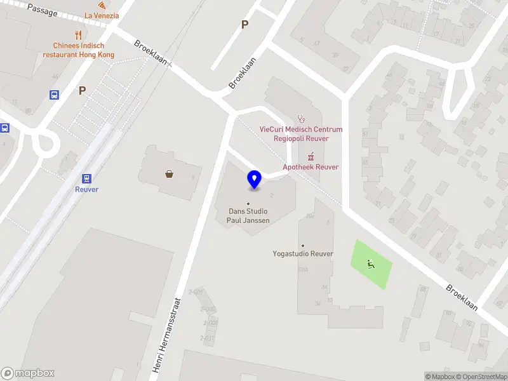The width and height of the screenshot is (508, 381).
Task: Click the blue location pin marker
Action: pyautogui.click(x=254, y=180)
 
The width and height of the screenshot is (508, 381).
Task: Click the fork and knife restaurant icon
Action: pyautogui.click(x=79, y=35)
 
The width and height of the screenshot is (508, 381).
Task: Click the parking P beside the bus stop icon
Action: pyautogui.click(x=82, y=90)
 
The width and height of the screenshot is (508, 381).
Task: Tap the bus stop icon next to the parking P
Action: pyautogui.click(x=55, y=95)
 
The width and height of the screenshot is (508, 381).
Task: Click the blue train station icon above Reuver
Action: pyautogui.click(x=86, y=178)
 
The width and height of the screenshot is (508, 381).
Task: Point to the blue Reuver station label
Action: pyautogui.click(x=86, y=189)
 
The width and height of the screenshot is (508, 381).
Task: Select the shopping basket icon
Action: pyautogui.click(x=170, y=173)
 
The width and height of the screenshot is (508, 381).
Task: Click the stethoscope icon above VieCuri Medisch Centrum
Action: pyautogui.click(x=301, y=118)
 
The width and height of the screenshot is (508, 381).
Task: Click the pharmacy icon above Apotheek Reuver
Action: pyautogui.click(x=311, y=156)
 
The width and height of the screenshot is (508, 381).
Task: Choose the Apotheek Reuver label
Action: pyautogui.click(x=311, y=167)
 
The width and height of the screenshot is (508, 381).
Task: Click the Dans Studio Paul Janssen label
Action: pyautogui.click(x=248, y=216)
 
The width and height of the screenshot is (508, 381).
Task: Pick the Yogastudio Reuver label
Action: pyautogui.click(x=303, y=254)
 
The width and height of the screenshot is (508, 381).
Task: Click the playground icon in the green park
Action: pyautogui.click(x=371, y=264)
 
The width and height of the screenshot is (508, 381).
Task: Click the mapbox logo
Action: pyautogui.click(x=28, y=373)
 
